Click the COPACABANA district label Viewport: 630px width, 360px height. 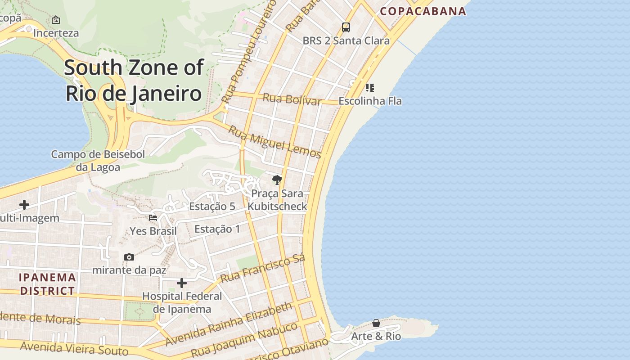(x=423, y=11)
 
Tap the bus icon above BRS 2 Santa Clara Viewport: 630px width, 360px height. (x=346, y=27)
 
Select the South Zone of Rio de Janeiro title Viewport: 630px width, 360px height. (x=134, y=81)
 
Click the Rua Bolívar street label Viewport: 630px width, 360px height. (x=292, y=99)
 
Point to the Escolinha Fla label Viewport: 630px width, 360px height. (x=370, y=101)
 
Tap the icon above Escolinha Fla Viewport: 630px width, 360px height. (x=369, y=87)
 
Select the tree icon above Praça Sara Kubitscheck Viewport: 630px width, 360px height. (x=277, y=180)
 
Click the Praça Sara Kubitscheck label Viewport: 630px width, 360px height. (x=277, y=200)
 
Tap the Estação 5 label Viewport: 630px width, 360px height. (x=212, y=207)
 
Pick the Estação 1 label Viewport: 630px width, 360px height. (x=217, y=229)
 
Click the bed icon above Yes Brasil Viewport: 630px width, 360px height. (x=153, y=218)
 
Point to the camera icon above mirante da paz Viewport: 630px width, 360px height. (x=129, y=257)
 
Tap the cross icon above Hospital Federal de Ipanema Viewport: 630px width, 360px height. (x=182, y=283)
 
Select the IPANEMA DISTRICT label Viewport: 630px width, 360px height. (x=47, y=284)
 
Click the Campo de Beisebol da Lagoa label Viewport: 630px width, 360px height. (x=98, y=161)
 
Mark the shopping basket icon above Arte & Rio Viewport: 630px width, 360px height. (x=376, y=323)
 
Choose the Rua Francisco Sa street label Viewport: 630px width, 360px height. (x=263, y=269)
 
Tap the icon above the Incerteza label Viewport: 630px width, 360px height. (x=56, y=20)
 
